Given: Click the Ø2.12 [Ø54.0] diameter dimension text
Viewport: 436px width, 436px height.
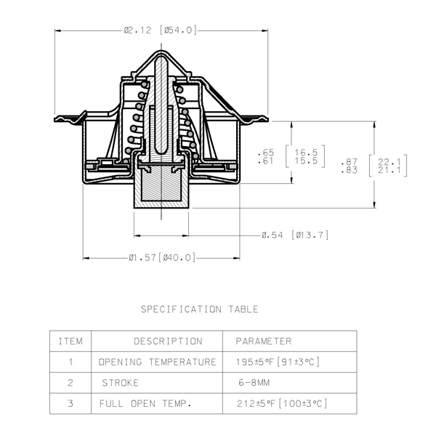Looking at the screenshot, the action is coord(160,30).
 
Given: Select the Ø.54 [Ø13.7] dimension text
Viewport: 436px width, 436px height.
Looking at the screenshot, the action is coord(295,235).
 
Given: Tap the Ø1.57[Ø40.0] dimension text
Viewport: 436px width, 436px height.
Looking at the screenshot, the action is coord(162,257).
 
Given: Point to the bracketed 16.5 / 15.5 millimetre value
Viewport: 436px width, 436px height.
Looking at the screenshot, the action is coord(306,156).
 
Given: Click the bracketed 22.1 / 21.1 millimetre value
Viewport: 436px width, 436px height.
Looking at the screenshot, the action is coord(389,166).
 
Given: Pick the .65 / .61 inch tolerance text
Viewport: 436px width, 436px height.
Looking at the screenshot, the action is coord(265,156).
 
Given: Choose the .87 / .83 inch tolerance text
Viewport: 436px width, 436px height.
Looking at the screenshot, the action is coord(349,166).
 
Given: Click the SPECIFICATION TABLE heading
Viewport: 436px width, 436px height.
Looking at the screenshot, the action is coord(200,310).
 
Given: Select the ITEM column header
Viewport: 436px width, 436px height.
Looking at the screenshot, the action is coord(70,342).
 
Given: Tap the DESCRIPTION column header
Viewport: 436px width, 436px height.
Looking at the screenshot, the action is coord(169,342).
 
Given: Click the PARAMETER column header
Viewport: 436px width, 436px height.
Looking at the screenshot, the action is coord(264,342).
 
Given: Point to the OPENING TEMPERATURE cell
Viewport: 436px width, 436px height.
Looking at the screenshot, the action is coord(157,362).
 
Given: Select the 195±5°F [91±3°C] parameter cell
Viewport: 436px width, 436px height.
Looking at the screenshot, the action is coord(278,362).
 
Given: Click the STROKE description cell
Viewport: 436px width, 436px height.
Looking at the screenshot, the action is coord(120,383).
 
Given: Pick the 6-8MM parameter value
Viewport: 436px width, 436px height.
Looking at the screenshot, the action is coord(254,383).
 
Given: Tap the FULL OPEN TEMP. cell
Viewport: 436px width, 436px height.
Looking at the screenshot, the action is coord(145,403).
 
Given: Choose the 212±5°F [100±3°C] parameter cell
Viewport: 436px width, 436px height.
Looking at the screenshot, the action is coord(282,403).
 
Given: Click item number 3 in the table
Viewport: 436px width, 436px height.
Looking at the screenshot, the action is coord(70,403).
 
